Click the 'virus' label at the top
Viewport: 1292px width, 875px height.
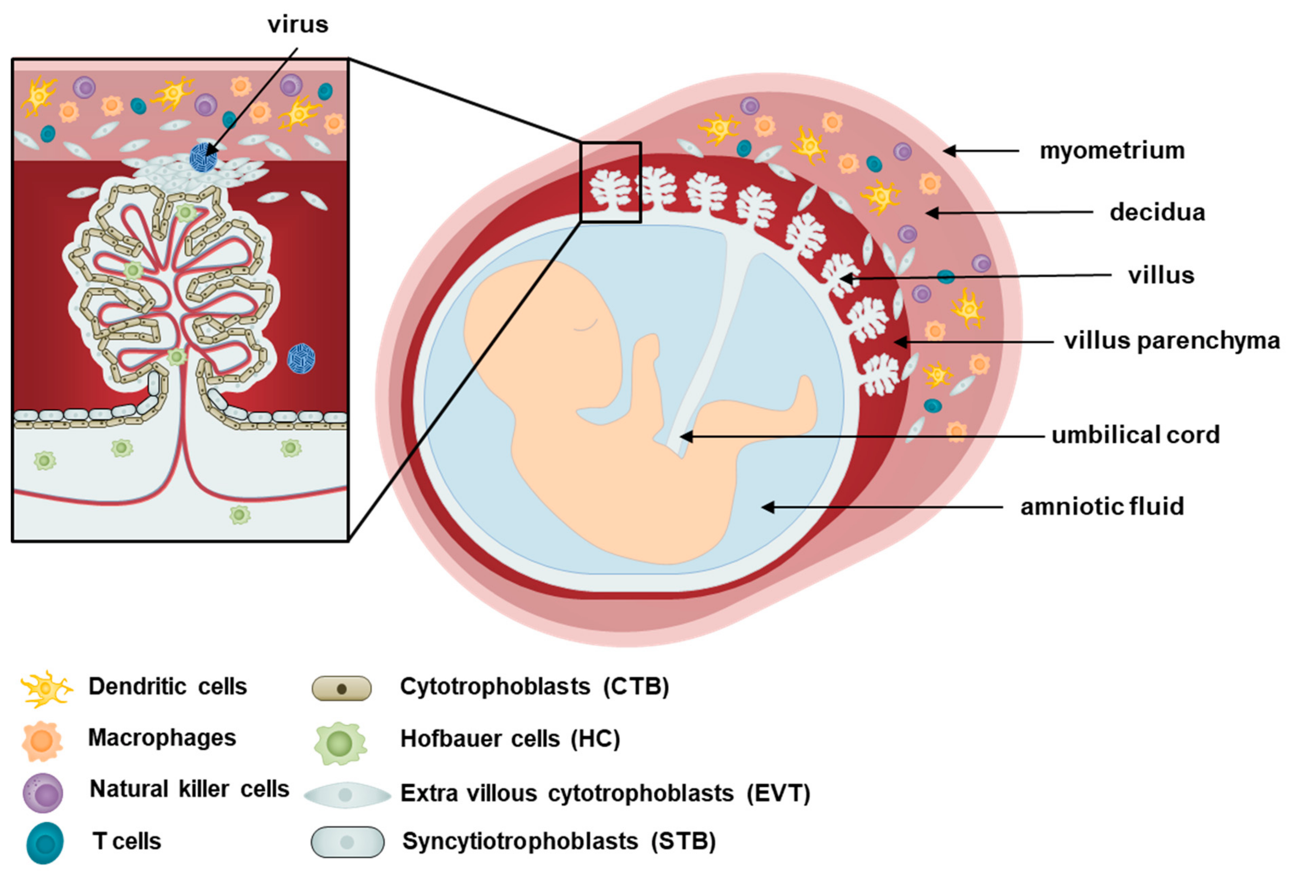pos(298,25)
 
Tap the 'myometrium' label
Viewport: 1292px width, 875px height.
pos(1112,151)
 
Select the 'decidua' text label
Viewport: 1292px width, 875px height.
pos(1157,212)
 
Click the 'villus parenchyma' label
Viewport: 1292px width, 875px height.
pos(1171,341)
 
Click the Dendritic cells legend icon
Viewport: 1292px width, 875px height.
pos(46,688)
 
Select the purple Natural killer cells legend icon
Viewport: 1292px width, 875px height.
pos(43,792)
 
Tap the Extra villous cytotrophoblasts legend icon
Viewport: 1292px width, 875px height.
pos(347,794)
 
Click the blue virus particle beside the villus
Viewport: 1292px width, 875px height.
pos(301,358)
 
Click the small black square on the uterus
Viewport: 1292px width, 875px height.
pos(610,182)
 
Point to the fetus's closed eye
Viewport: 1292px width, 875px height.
pos(586,325)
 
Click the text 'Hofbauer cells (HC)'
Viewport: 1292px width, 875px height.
pos(510,739)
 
